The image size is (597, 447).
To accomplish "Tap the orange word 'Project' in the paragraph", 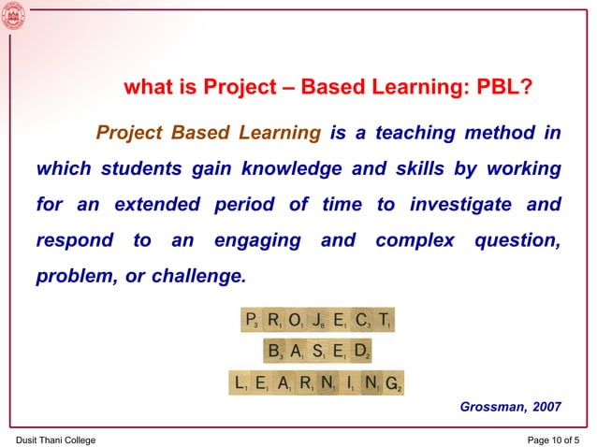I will (129, 134).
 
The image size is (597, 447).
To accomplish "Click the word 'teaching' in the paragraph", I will (415, 134).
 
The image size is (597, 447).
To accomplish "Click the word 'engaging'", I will (257, 241).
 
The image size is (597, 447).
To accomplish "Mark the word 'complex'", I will (415, 241).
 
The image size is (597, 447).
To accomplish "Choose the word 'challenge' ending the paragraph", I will (198, 277).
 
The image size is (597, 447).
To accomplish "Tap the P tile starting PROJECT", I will (251, 321).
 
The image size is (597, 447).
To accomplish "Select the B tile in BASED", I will (274, 352).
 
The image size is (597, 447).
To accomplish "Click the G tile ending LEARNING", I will (393, 382).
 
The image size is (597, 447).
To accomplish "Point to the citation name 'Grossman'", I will (493, 407).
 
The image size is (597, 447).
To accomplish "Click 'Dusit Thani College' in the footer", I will (55, 440).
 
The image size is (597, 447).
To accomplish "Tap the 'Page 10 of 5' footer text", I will (553, 440).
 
